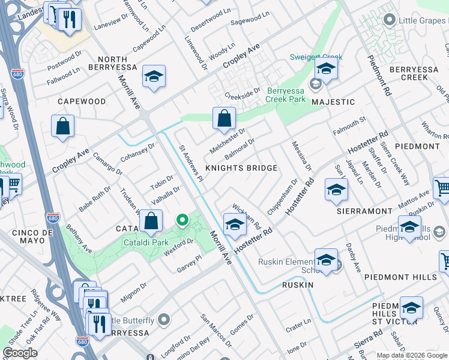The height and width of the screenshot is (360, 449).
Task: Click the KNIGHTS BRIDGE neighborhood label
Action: pyautogui.click(x=241, y=168)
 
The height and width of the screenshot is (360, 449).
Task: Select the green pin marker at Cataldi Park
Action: pyautogui.click(x=183, y=221)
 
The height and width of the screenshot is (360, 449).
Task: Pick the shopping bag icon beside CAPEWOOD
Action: pyautogui.click(x=62, y=127)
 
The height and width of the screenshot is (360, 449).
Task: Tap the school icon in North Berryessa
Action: pyautogui.click(x=154, y=76)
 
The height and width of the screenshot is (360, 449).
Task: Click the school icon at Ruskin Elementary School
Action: pyautogui.click(x=325, y=260)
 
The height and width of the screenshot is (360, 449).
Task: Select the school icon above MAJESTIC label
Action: pyautogui.click(x=326, y=69)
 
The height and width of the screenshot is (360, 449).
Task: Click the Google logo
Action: pyautogui.click(x=20, y=353)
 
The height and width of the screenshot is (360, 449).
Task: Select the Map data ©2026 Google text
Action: pyautogui.click(x=412, y=355)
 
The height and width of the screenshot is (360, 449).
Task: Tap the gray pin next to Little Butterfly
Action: pyautogui.click(x=165, y=320)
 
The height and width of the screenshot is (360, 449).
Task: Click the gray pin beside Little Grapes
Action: pyautogui.click(x=390, y=21)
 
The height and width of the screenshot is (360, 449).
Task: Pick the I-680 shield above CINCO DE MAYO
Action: pyautogui.click(x=53, y=217)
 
